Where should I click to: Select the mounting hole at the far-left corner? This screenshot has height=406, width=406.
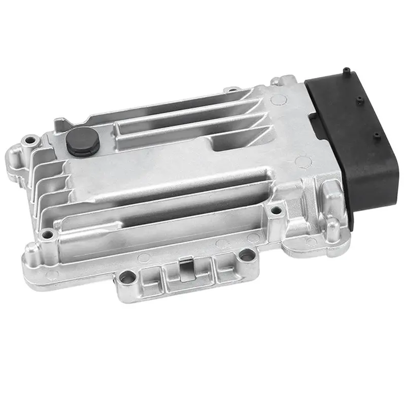tap(32, 139)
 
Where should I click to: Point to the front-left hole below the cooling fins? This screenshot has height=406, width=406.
tap(48, 234)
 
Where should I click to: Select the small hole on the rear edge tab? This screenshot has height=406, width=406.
tap(232, 91)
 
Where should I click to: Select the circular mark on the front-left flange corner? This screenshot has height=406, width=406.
tap(52, 276)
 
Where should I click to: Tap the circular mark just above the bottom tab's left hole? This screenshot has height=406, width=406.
tap(144, 257)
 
